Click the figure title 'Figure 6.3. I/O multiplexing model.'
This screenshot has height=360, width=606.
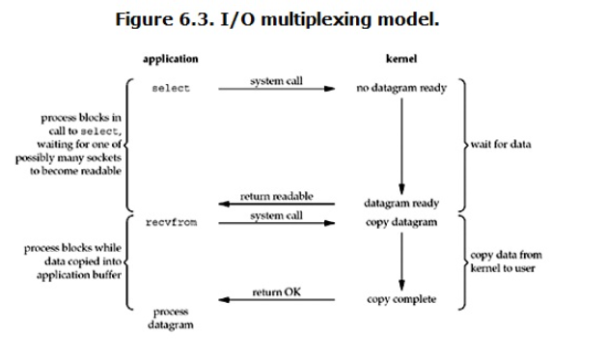click(x=277, y=19)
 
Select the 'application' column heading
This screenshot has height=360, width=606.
click(x=171, y=59)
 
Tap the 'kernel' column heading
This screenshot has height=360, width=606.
click(x=401, y=58)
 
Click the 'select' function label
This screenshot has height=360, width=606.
click(x=171, y=89)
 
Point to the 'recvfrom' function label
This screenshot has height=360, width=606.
click(x=171, y=222)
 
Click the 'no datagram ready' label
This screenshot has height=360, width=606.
click(x=401, y=88)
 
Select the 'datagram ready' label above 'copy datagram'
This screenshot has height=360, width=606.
click(x=401, y=204)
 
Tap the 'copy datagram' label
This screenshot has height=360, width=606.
click(x=401, y=222)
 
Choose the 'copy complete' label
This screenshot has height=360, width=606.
click(x=401, y=299)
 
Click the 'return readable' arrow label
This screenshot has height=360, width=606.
click(x=276, y=196)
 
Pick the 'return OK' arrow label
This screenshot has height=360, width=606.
click(x=276, y=291)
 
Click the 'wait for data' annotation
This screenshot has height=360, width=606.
click(x=501, y=144)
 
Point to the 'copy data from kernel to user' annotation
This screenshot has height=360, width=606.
click(x=506, y=262)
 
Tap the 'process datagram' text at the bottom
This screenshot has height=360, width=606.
click(x=171, y=318)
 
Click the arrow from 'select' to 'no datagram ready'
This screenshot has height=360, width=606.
click(x=277, y=89)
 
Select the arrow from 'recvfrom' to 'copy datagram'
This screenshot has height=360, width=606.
click(x=277, y=223)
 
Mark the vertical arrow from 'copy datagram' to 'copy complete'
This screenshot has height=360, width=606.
click(x=401, y=262)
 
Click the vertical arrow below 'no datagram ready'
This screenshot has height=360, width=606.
click(x=401, y=147)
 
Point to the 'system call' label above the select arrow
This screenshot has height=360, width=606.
click(x=276, y=81)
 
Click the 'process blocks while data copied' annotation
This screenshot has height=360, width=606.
click(x=72, y=262)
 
